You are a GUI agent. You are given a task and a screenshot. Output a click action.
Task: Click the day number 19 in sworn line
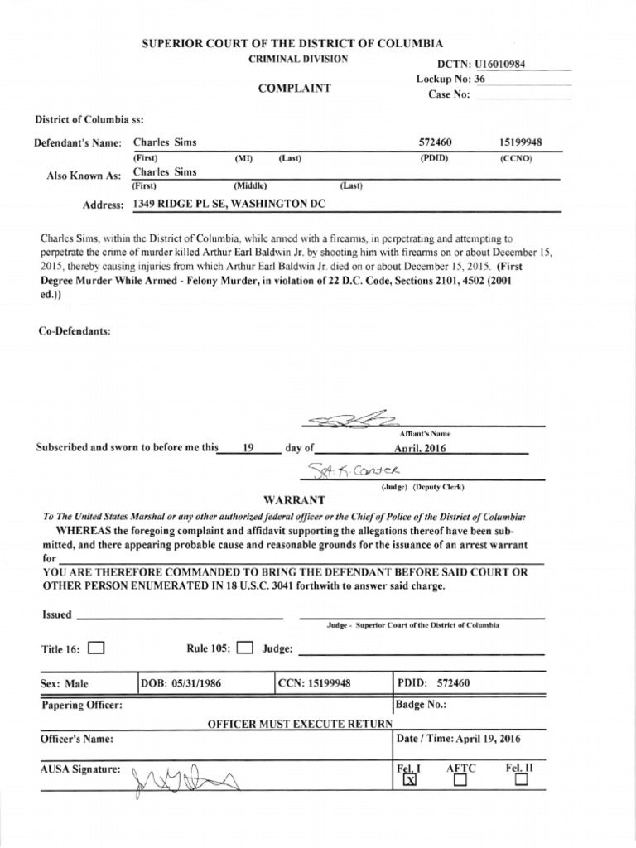click(246, 448)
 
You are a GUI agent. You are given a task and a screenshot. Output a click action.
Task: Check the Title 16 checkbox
click(95, 648)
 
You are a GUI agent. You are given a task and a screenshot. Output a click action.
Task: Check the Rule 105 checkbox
click(243, 648)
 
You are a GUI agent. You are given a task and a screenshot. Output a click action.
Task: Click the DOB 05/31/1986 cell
click(181, 683)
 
